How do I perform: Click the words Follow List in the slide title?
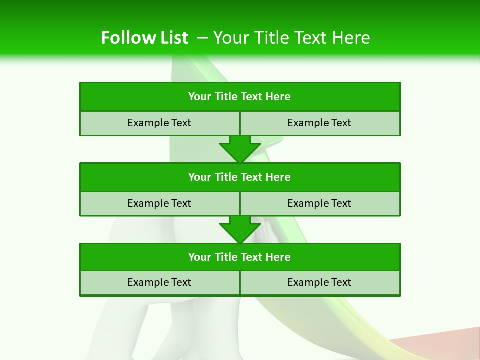pos(144,38)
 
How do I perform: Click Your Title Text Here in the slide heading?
pos(291,38)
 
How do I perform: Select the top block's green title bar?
pos(240,97)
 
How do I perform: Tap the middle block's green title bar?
pos(240,177)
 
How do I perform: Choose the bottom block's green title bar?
pos(240,257)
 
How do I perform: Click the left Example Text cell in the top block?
pos(159,123)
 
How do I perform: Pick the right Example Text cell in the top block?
pos(319,123)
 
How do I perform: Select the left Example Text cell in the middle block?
pos(159,203)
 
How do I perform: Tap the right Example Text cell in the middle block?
pos(319,203)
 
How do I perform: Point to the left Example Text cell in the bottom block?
pos(159,282)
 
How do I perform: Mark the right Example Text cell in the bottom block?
pos(319,282)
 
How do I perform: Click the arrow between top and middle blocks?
pos(240,149)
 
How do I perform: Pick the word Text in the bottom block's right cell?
pos(340,282)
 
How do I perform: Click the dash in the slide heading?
pos(203,38)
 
